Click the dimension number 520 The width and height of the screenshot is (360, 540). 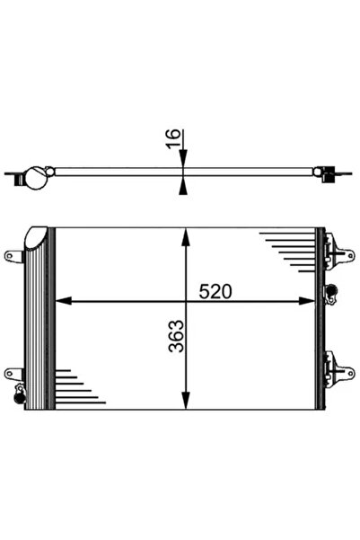(215, 291)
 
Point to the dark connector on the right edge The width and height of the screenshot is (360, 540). (329, 290)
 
